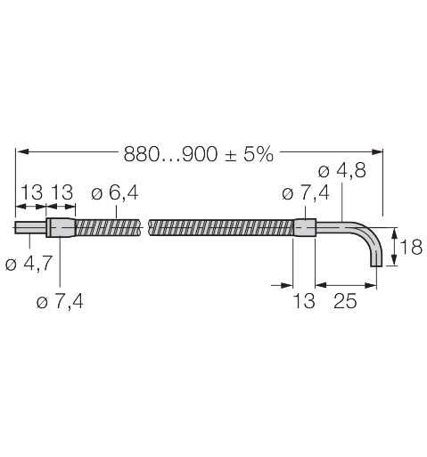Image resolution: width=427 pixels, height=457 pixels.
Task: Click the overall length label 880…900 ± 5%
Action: (198, 154)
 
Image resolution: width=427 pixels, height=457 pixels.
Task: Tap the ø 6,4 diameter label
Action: (115, 192)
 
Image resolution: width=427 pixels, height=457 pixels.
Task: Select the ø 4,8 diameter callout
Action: (341, 171)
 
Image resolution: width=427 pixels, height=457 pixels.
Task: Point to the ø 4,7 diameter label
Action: (29, 264)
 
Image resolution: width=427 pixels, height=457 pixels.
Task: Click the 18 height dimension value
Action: (411, 247)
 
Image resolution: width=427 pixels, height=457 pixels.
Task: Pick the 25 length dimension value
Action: (345, 301)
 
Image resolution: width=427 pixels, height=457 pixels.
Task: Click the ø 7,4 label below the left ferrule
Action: (60, 302)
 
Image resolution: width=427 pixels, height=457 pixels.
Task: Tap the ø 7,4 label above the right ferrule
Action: (306, 193)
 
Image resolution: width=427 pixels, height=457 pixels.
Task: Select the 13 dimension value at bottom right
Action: (304, 301)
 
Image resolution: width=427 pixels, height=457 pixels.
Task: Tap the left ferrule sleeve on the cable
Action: (61, 228)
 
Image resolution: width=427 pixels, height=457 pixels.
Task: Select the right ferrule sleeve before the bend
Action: (305, 228)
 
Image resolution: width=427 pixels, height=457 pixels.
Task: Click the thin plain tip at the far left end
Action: (30, 228)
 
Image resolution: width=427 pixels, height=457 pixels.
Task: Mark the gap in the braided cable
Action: (144, 228)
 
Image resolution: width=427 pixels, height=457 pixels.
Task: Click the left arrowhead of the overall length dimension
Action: (22, 151)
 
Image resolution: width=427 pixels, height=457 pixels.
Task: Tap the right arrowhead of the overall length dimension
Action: (376, 151)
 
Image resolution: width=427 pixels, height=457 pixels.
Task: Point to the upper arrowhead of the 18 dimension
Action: (395, 234)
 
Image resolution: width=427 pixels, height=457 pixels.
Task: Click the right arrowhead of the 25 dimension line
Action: (370, 285)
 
